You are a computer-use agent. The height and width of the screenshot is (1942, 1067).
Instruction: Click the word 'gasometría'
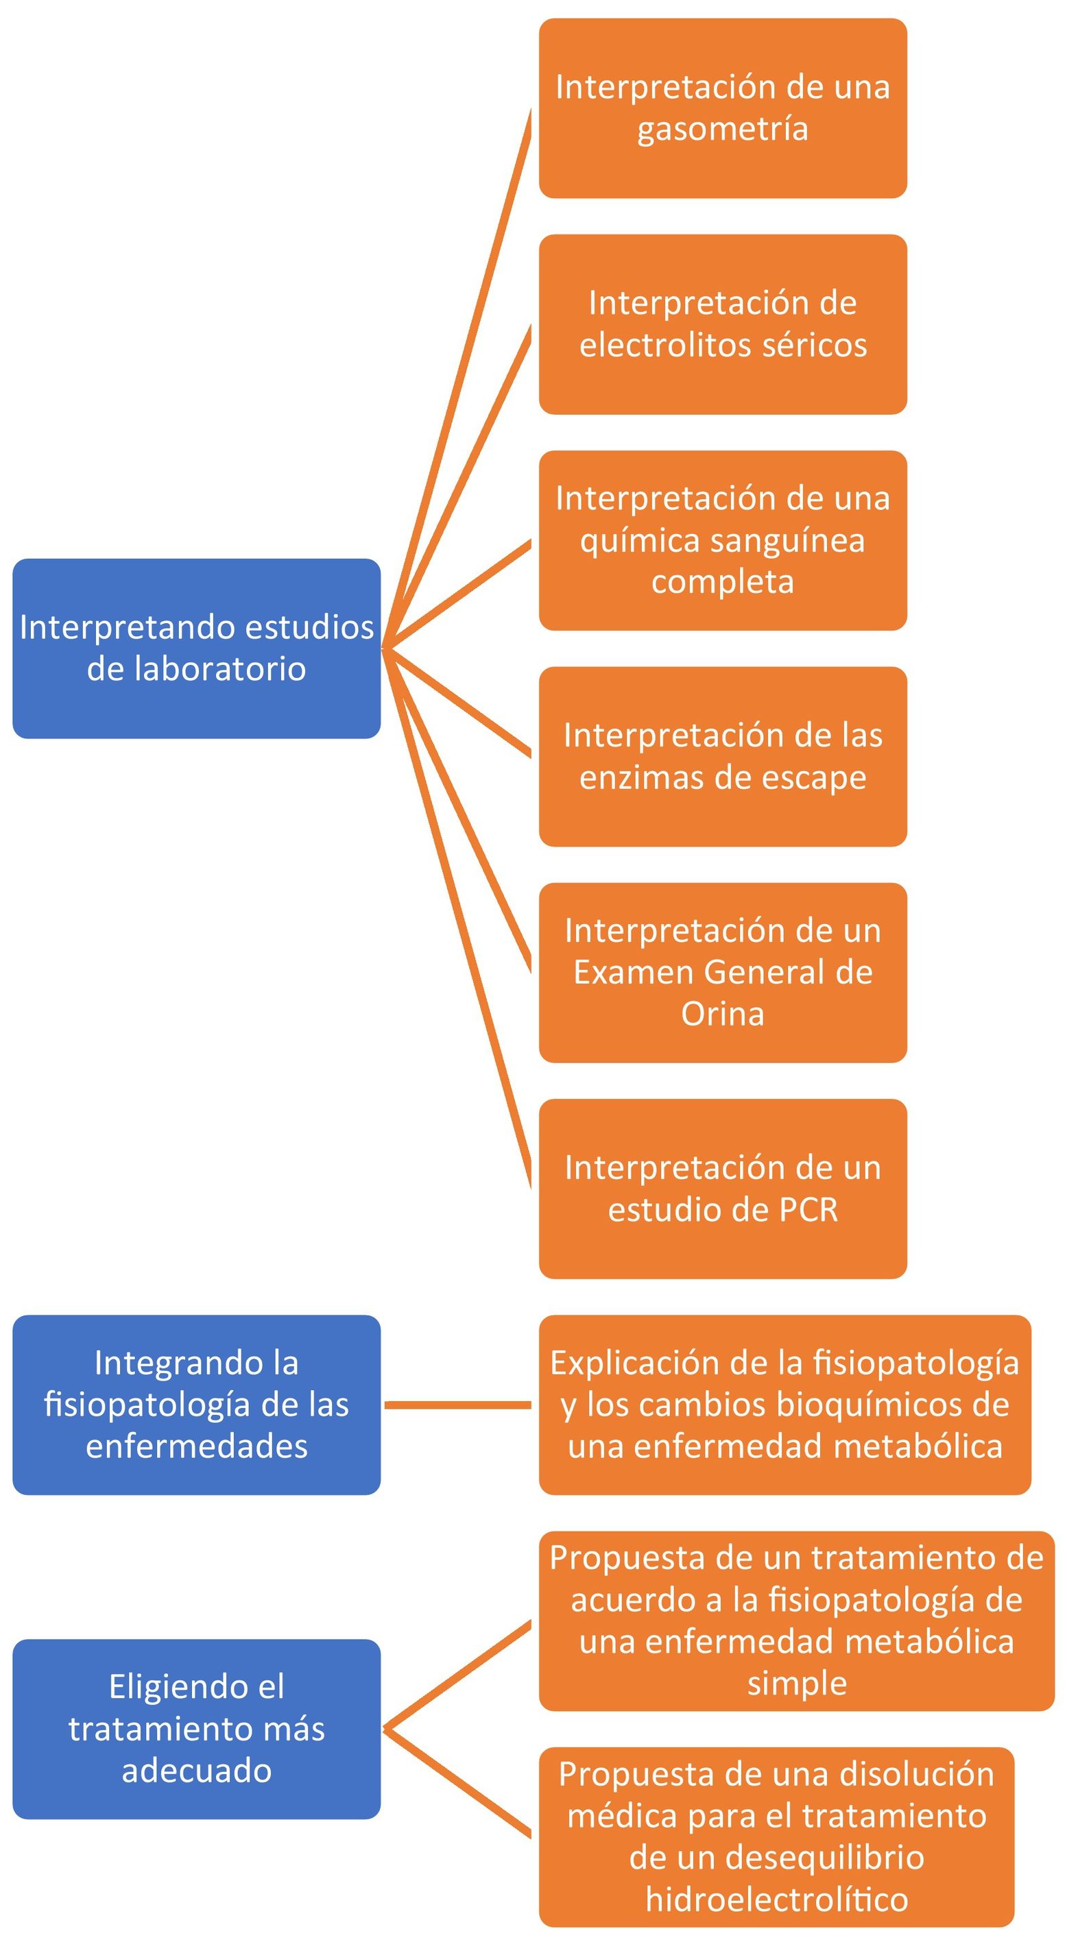(x=722, y=129)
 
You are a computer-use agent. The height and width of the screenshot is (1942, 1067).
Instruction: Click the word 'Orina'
(x=722, y=1014)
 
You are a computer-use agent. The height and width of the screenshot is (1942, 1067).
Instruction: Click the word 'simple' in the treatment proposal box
(x=797, y=1683)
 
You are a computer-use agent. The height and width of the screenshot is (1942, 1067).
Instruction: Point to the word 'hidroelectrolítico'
(x=777, y=1898)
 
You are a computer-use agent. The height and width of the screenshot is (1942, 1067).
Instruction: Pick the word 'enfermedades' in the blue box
(x=196, y=1446)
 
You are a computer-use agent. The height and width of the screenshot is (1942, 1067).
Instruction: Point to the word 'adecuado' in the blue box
(x=196, y=1770)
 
